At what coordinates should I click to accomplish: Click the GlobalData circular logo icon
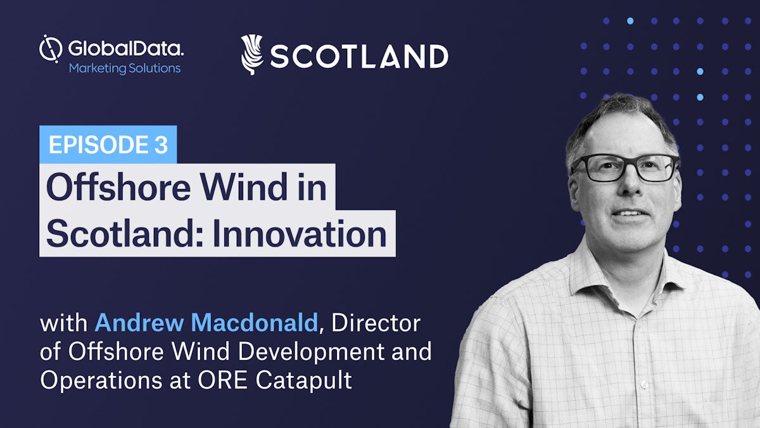[51, 49]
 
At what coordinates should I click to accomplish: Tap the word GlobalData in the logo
[126, 49]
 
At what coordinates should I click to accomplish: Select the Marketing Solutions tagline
[125, 68]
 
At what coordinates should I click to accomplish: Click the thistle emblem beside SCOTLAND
[252, 55]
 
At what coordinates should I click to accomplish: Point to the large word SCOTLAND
[359, 56]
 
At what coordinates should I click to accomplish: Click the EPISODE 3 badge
[108, 145]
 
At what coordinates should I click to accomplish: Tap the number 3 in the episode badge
[161, 145]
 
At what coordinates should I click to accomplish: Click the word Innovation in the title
[300, 234]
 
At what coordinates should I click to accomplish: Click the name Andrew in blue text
[139, 323]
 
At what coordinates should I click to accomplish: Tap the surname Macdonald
[255, 323]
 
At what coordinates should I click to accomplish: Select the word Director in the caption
[376, 323]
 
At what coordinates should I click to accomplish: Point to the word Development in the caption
[311, 352]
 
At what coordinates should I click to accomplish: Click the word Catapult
[303, 380]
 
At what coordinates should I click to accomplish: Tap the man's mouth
[629, 214]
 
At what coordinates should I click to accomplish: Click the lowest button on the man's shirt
[643, 384]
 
